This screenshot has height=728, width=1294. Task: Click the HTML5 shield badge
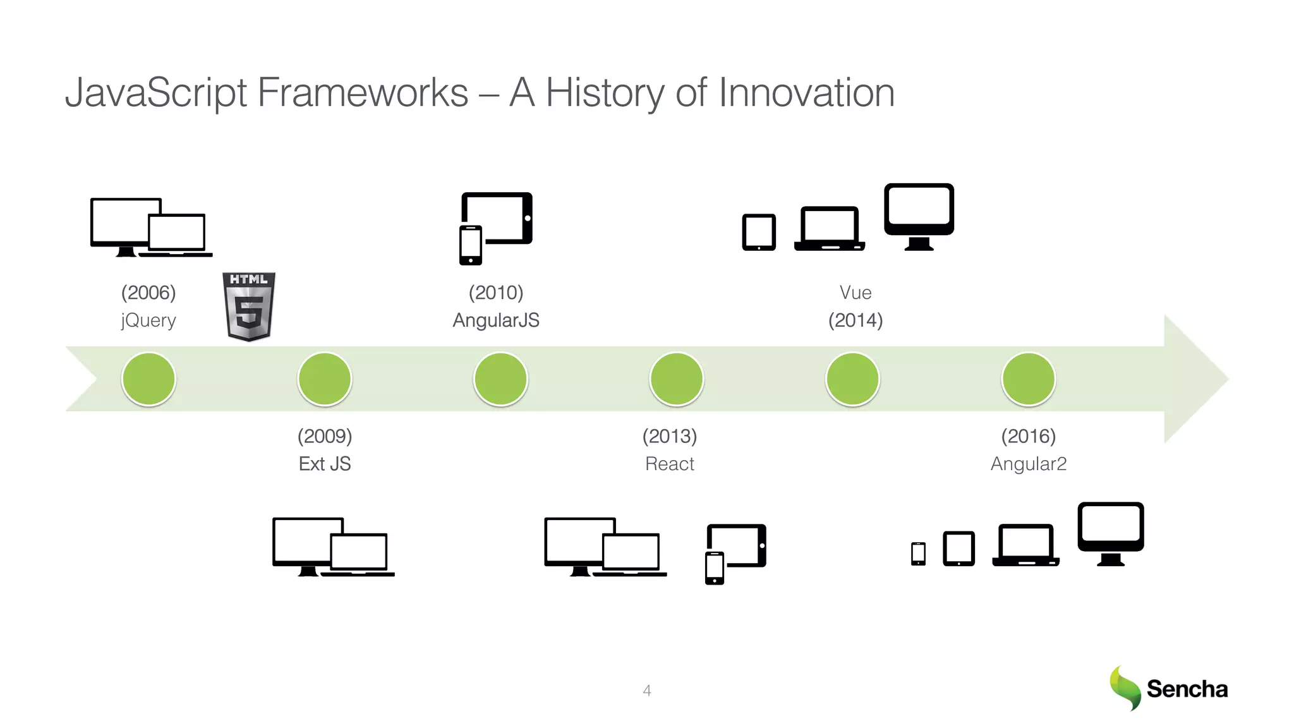point(249,306)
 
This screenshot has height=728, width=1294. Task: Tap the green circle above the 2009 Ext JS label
point(325,379)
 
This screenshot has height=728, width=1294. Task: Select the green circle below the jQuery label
point(148,379)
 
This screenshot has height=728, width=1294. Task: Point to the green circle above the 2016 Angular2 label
point(1029,379)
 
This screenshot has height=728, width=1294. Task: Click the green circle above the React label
point(677,379)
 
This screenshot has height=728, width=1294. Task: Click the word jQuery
point(148,320)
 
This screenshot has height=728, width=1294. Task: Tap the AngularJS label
point(496,320)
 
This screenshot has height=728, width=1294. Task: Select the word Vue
point(856,293)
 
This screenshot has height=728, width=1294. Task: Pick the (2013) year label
point(670,436)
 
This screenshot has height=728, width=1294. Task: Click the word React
point(670,464)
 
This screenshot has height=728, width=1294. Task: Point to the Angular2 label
point(1029,464)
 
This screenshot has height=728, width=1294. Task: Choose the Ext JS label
point(325,464)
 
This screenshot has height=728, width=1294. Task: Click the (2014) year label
point(856,320)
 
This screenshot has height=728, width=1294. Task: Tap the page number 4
point(647,691)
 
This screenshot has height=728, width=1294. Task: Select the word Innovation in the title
point(807,93)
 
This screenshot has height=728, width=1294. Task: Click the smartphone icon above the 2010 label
point(471,245)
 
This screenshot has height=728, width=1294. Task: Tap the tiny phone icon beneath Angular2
point(919,554)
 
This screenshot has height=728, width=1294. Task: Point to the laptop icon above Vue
point(830,229)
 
